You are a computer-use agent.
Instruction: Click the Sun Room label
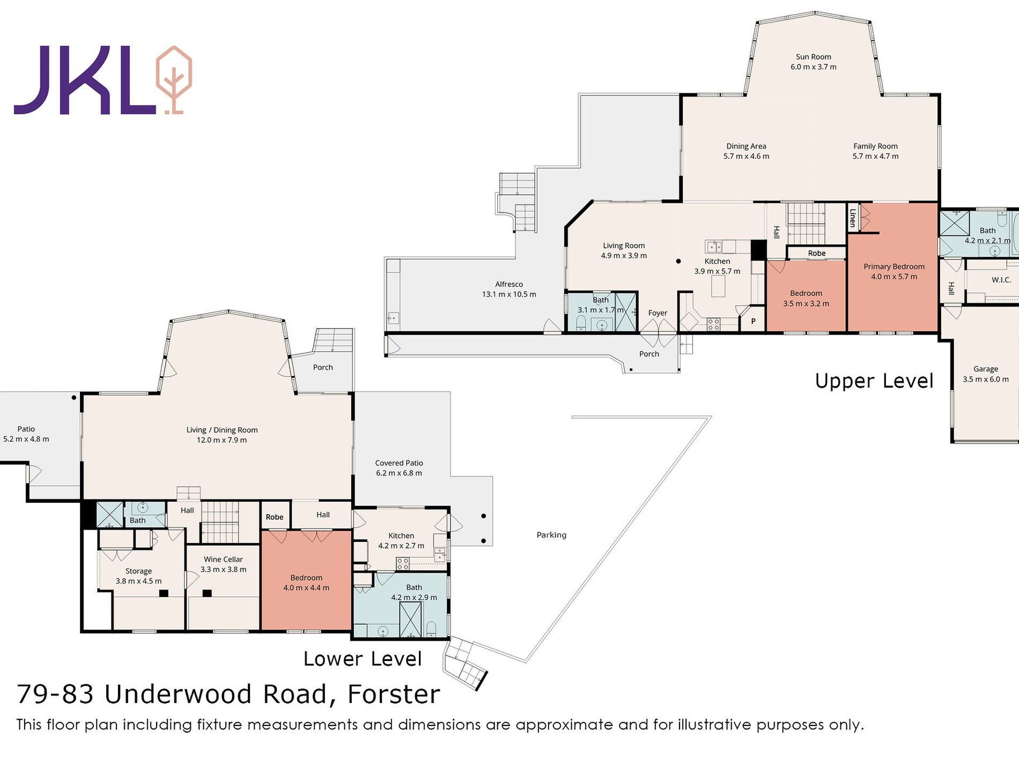click(813, 57)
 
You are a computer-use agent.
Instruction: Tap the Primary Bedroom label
click(894, 266)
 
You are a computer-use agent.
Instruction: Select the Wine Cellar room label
click(223, 559)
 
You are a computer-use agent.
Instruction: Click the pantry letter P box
click(753, 321)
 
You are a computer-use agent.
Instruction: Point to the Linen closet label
click(852, 218)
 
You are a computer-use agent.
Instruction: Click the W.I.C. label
click(1001, 280)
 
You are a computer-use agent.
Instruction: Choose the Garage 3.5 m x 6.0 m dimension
click(985, 379)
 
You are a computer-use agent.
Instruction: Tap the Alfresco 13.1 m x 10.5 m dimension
click(508, 294)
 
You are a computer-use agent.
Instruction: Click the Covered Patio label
click(398, 463)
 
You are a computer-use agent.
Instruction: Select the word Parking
click(551, 535)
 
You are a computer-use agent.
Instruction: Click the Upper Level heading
click(874, 381)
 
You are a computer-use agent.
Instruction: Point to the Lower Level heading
click(363, 658)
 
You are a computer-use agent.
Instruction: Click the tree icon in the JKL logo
click(174, 80)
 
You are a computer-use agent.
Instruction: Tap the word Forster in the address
click(394, 694)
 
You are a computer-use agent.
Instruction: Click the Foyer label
click(658, 313)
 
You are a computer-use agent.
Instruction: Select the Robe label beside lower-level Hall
click(274, 517)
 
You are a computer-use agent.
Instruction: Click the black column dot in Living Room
click(678, 261)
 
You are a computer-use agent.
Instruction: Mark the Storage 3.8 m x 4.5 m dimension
click(138, 581)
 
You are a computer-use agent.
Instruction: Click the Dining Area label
click(746, 146)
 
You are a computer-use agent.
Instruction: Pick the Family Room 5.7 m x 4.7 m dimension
click(875, 156)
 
